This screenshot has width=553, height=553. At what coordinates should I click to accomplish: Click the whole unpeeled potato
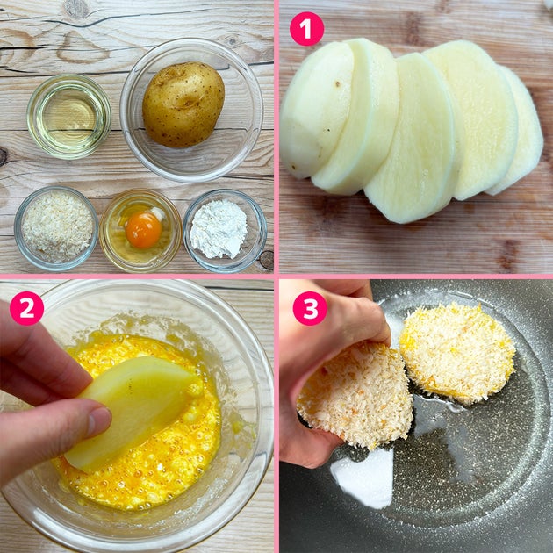[183, 104]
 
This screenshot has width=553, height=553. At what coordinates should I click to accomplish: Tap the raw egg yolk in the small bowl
[143, 230]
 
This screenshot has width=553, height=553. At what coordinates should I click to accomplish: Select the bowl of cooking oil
[69, 117]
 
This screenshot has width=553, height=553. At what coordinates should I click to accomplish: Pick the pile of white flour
[219, 229]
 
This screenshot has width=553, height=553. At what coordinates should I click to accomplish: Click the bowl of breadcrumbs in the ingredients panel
[56, 229]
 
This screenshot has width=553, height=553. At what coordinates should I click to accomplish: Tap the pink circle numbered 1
[307, 29]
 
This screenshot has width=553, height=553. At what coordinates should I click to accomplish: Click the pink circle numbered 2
[27, 308]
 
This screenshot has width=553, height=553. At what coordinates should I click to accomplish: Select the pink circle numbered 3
[310, 308]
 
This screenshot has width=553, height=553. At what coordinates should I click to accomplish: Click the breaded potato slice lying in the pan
[457, 354]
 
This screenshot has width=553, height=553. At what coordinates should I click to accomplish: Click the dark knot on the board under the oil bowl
[3, 157]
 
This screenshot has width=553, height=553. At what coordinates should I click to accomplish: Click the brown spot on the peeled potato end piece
[338, 84]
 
